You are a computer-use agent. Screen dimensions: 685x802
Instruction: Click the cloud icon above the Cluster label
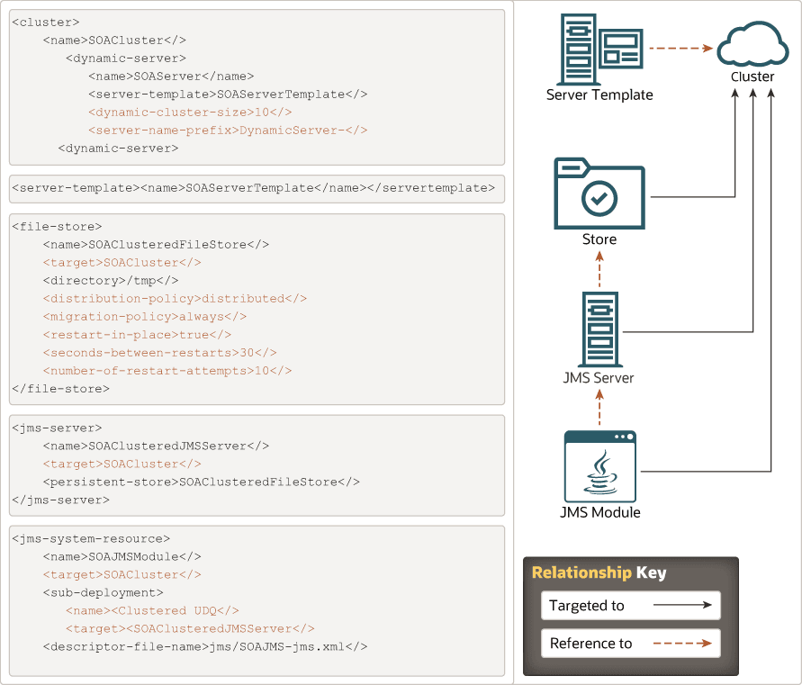[x=752, y=45]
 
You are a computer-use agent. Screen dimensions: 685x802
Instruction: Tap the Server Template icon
[x=599, y=49]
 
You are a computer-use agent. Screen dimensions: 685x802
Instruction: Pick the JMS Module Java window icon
[x=599, y=466]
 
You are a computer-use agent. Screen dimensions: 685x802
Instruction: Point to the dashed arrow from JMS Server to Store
[x=599, y=268]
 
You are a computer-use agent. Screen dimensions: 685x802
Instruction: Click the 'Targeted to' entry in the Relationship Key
[x=631, y=606]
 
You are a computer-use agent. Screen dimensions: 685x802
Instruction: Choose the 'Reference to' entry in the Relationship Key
[x=631, y=644]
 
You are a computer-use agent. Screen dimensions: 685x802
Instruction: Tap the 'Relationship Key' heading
[x=599, y=572]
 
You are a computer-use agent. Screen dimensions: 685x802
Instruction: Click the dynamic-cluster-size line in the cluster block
[x=190, y=113]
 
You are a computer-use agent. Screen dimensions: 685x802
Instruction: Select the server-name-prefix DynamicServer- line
[x=228, y=131]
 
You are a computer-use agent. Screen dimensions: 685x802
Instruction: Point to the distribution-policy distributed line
[x=175, y=299]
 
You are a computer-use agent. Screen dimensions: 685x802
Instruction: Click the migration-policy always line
[x=144, y=317]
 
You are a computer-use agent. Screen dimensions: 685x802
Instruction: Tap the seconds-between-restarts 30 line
[x=159, y=353]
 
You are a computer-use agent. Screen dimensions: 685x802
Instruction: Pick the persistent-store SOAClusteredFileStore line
[x=201, y=482]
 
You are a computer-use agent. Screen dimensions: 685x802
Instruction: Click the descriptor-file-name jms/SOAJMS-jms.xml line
[x=205, y=646]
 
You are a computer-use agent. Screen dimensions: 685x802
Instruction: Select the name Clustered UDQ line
[x=152, y=610]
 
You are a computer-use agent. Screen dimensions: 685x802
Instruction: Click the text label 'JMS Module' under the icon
[x=599, y=513]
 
